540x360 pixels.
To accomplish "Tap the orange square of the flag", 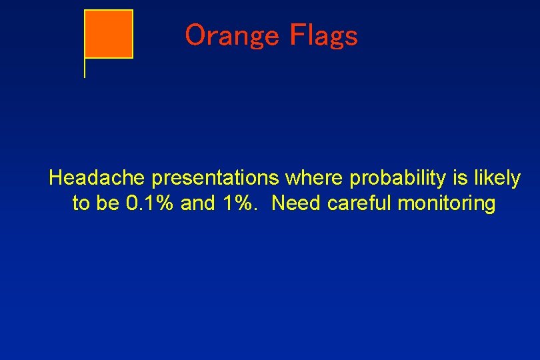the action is pos(109,34).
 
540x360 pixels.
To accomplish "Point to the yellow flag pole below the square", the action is pos(85,68).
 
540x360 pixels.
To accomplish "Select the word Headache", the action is pos(97,178).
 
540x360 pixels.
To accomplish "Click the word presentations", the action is pos(215,179).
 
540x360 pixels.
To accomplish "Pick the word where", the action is pos(315,178).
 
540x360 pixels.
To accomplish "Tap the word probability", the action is pos(398,179).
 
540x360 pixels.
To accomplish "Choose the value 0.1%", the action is pos(149,203).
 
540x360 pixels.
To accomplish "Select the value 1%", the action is pos(238,203).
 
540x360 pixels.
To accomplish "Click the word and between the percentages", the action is pos(198,203).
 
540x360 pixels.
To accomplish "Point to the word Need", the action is pos(296,203).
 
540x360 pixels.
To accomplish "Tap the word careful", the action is pos(359,203).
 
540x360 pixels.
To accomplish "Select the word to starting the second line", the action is pos(81,203).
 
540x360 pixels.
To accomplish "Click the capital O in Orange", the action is pos(196,35).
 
